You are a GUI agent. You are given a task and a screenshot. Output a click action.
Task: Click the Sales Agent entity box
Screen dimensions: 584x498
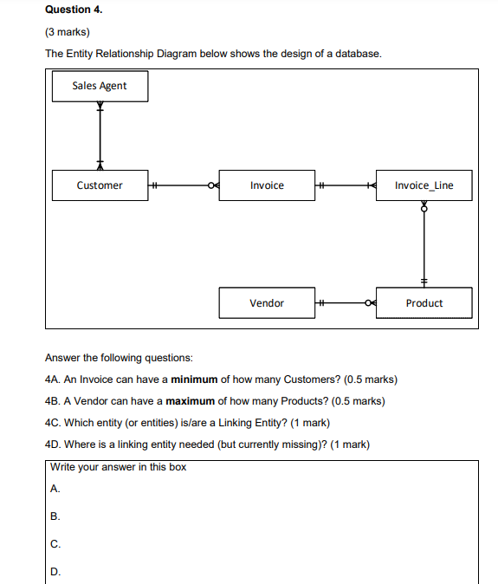[x=100, y=86]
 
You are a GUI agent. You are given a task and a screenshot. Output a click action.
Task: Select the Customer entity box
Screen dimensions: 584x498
[x=100, y=185]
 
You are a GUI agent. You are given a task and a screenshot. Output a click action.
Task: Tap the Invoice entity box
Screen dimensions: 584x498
[x=267, y=185]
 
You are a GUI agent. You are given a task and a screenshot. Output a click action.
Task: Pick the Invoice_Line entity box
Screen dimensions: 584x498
[x=424, y=185]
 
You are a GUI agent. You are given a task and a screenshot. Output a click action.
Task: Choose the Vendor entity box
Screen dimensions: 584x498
[x=267, y=303]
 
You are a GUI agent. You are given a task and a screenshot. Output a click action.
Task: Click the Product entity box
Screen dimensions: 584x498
[x=424, y=303]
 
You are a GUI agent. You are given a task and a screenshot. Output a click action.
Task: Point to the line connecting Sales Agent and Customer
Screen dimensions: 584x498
[x=100, y=135]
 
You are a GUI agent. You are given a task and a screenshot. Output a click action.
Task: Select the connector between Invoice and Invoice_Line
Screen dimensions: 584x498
[x=345, y=185]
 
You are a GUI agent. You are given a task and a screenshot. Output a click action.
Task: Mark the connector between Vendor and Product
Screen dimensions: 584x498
[x=345, y=303]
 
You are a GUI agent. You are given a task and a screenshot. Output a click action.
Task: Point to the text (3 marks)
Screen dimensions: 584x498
[x=68, y=32]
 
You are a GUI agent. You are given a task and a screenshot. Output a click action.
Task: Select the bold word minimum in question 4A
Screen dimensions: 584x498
[x=194, y=380]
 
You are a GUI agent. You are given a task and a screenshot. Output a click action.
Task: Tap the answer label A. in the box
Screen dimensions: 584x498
[x=55, y=489]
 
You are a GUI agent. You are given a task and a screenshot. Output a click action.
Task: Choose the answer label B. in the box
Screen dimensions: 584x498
[x=55, y=516]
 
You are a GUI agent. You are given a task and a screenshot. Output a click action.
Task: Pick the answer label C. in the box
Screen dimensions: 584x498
[x=55, y=544]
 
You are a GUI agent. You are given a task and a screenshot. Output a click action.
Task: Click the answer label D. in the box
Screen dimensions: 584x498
[x=55, y=572]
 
